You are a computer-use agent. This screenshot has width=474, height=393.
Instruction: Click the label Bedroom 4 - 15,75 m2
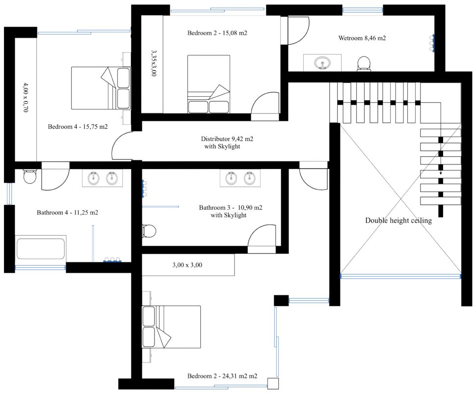[78, 127]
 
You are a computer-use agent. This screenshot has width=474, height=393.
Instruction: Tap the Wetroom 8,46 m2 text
[362, 38]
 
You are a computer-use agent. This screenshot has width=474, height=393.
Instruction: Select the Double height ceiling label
[398, 221]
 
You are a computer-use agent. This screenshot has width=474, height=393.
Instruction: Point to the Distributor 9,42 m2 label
[227, 139]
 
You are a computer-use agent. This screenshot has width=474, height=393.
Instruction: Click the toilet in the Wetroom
[364, 63]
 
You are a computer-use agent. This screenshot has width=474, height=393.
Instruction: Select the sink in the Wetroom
[322, 63]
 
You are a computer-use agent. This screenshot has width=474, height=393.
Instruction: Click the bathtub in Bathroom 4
[41, 249]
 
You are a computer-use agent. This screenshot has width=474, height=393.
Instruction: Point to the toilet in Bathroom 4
[30, 176]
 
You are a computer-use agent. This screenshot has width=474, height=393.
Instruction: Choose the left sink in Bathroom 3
[232, 178]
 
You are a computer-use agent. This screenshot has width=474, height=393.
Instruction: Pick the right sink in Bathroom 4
[112, 178]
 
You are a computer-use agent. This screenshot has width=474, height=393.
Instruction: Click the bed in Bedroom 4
[101, 88]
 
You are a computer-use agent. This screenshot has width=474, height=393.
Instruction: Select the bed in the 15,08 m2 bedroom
[209, 84]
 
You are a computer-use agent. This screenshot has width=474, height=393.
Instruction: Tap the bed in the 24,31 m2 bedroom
[171, 327]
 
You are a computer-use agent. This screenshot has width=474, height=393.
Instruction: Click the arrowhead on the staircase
[441, 173]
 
